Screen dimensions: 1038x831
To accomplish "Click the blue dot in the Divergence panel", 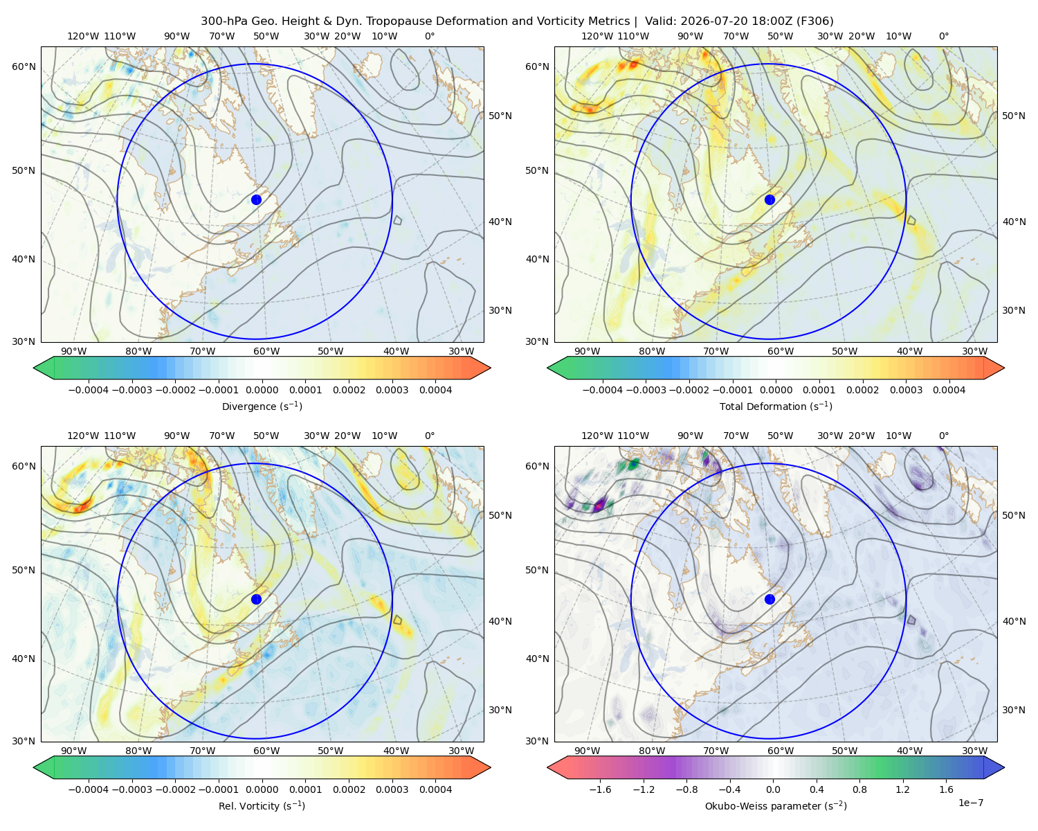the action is pos(256,199).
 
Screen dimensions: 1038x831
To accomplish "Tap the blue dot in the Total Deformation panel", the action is pos(770,199).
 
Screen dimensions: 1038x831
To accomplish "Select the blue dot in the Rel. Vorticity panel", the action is pos(256,599).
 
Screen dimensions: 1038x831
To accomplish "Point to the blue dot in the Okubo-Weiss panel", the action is pos(770,599).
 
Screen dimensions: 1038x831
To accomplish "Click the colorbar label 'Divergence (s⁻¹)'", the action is pos(262,406).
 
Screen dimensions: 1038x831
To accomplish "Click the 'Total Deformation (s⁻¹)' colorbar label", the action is pos(776,406).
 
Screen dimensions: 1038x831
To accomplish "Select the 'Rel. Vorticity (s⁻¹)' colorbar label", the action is pos(262,806).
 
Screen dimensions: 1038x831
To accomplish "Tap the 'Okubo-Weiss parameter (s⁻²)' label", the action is pos(776,806).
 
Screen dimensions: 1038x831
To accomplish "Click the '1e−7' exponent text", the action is pos(970,803).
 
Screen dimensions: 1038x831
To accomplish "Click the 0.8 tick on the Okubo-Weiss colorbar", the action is pos(859,789).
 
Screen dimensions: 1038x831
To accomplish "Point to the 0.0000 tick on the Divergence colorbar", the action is pos(262,390).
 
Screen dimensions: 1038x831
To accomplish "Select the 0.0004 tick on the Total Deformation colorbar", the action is pos(949,390).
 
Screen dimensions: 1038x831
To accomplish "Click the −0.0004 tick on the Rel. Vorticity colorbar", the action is pos(89,789).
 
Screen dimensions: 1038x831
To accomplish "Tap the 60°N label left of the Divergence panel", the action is pos(24,66).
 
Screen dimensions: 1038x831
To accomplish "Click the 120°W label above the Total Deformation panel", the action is pos(597,36).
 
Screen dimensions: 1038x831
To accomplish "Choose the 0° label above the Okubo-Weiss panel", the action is pos(943,436).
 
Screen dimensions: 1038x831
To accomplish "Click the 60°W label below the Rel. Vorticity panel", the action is pos(266,751).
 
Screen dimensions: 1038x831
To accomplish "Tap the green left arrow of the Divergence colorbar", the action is pos(44,368).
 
